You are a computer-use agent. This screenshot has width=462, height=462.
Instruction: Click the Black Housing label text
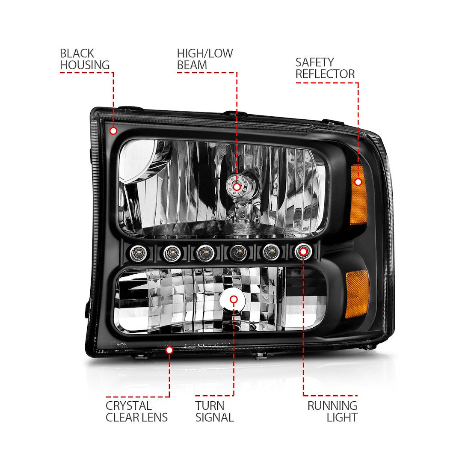pos(85,59)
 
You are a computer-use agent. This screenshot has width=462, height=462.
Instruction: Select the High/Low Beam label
pos(205,59)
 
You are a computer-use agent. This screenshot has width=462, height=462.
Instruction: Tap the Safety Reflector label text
pos(325,68)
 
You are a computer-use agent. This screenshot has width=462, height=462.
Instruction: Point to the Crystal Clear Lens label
pos(136,412)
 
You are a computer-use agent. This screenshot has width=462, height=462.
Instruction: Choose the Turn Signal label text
pos(214,412)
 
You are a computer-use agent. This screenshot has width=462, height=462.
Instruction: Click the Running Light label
pos(332,412)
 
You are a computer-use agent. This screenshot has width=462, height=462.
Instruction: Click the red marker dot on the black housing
pos(113,131)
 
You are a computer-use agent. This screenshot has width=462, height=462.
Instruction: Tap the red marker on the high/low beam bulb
pos(237,187)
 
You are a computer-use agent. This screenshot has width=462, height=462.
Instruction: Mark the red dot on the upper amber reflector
pos(358,182)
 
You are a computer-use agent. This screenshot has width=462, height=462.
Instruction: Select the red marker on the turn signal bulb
pos(234,300)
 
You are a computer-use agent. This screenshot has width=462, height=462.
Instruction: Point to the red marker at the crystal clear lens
pos(169,350)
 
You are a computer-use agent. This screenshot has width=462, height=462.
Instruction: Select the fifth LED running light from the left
pos(270,252)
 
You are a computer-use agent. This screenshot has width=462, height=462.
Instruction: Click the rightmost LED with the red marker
pos(303,251)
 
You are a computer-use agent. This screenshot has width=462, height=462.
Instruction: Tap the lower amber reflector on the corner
pos(357,294)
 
